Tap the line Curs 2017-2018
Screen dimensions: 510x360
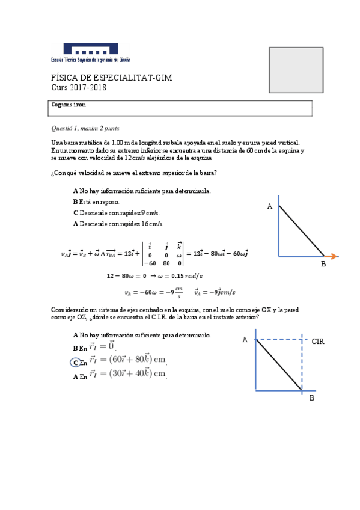coord(78,88)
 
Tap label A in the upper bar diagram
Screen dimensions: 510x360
coord(270,206)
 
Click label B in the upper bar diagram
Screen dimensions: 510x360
coord(323,265)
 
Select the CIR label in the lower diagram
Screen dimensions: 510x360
coord(318,341)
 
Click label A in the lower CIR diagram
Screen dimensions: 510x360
coord(245,340)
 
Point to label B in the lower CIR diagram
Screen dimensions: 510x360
coord(311,398)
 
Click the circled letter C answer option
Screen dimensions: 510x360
coord(76,362)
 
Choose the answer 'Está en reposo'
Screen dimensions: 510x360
coord(96,202)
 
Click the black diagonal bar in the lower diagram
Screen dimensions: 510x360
coord(279,365)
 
